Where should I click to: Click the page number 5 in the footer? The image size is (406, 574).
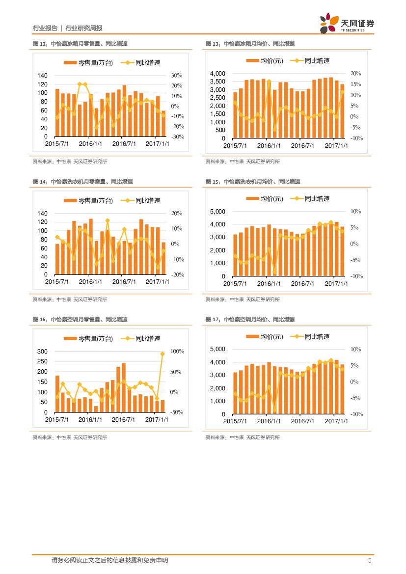point(370,560)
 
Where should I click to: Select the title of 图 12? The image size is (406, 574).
point(80,44)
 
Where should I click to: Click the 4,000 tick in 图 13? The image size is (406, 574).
point(217,74)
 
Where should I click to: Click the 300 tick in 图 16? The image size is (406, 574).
point(42,352)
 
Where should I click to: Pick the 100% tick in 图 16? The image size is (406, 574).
point(177,352)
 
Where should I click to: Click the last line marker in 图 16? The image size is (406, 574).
point(162,354)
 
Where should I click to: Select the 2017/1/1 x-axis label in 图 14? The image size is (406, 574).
point(158,282)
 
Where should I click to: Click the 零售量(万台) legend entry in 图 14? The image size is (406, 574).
point(89,201)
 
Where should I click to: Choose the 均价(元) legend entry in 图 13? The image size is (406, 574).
point(265,61)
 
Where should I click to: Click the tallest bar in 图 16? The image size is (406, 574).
point(124,388)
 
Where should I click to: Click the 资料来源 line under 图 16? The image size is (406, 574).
point(70,437)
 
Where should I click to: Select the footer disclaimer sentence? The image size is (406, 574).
point(109,560)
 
